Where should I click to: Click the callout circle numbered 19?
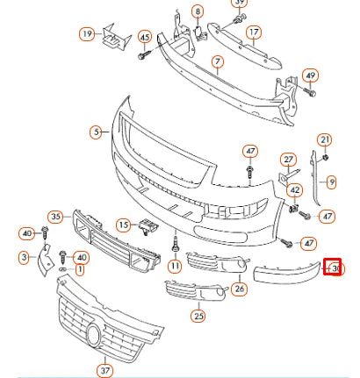pos(87,34)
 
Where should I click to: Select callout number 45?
pos(144,37)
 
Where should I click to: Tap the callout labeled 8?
pos(198,12)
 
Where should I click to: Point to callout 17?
pos(254,34)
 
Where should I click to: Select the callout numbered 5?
pos(96,133)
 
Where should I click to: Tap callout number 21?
pos(325,140)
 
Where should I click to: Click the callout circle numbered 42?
pos(295,189)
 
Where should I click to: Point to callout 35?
pos(56,216)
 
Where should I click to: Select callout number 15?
pos(124,225)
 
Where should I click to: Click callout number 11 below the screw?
pos(175,266)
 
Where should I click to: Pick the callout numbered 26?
pos(240,288)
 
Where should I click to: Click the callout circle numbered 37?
pos(105,370)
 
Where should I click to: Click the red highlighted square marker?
pos(332,266)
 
